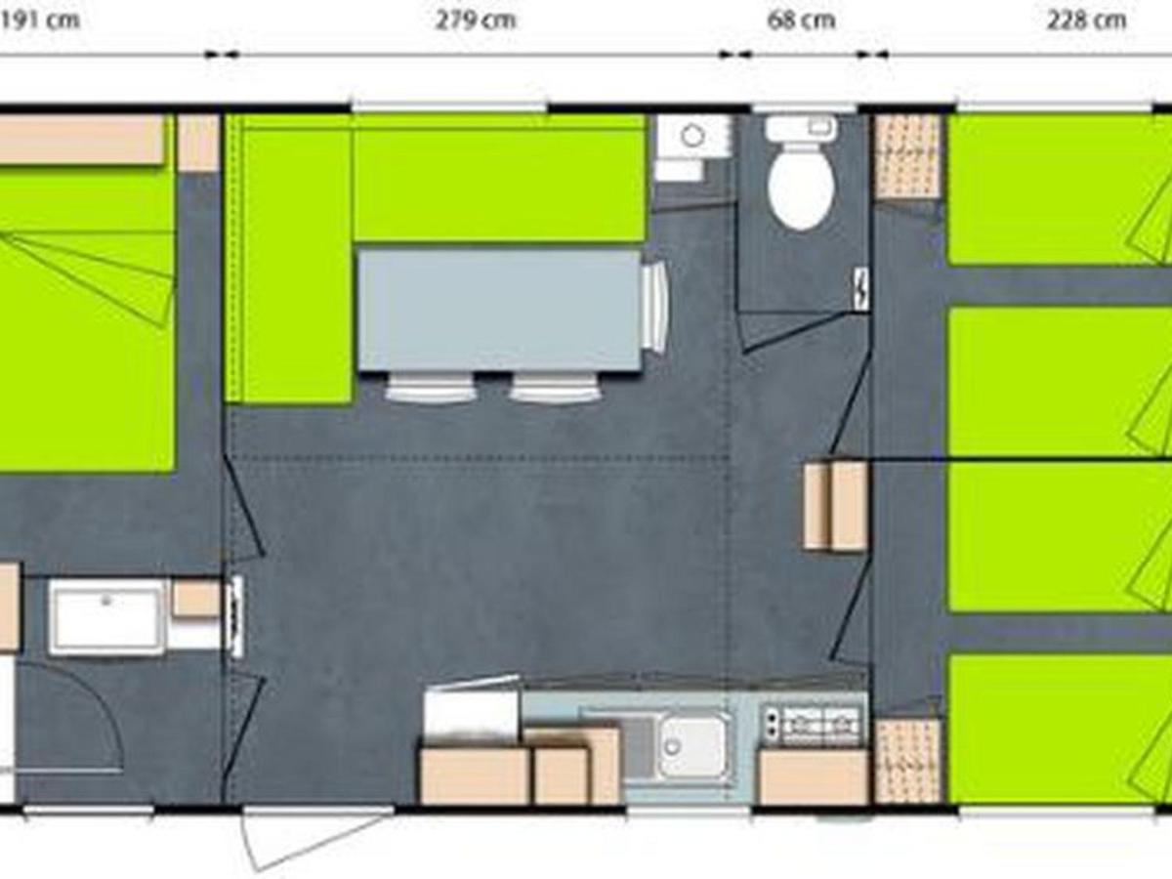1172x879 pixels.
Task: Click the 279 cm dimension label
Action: pos(476,21)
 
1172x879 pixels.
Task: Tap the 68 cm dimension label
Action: pos(801,21)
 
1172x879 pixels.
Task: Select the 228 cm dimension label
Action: pos(1087,21)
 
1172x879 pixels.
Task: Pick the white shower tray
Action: pos(106,617)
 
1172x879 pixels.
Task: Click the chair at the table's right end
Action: pos(656,307)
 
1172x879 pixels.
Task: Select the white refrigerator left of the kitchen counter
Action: pos(471,714)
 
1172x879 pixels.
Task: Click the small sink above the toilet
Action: pos(800,127)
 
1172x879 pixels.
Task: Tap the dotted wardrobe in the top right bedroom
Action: pos(907,156)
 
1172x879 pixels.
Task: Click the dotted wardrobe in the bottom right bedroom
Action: pos(907,760)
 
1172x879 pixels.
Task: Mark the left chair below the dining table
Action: pos(431,387)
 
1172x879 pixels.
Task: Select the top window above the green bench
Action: pos(449,105)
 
